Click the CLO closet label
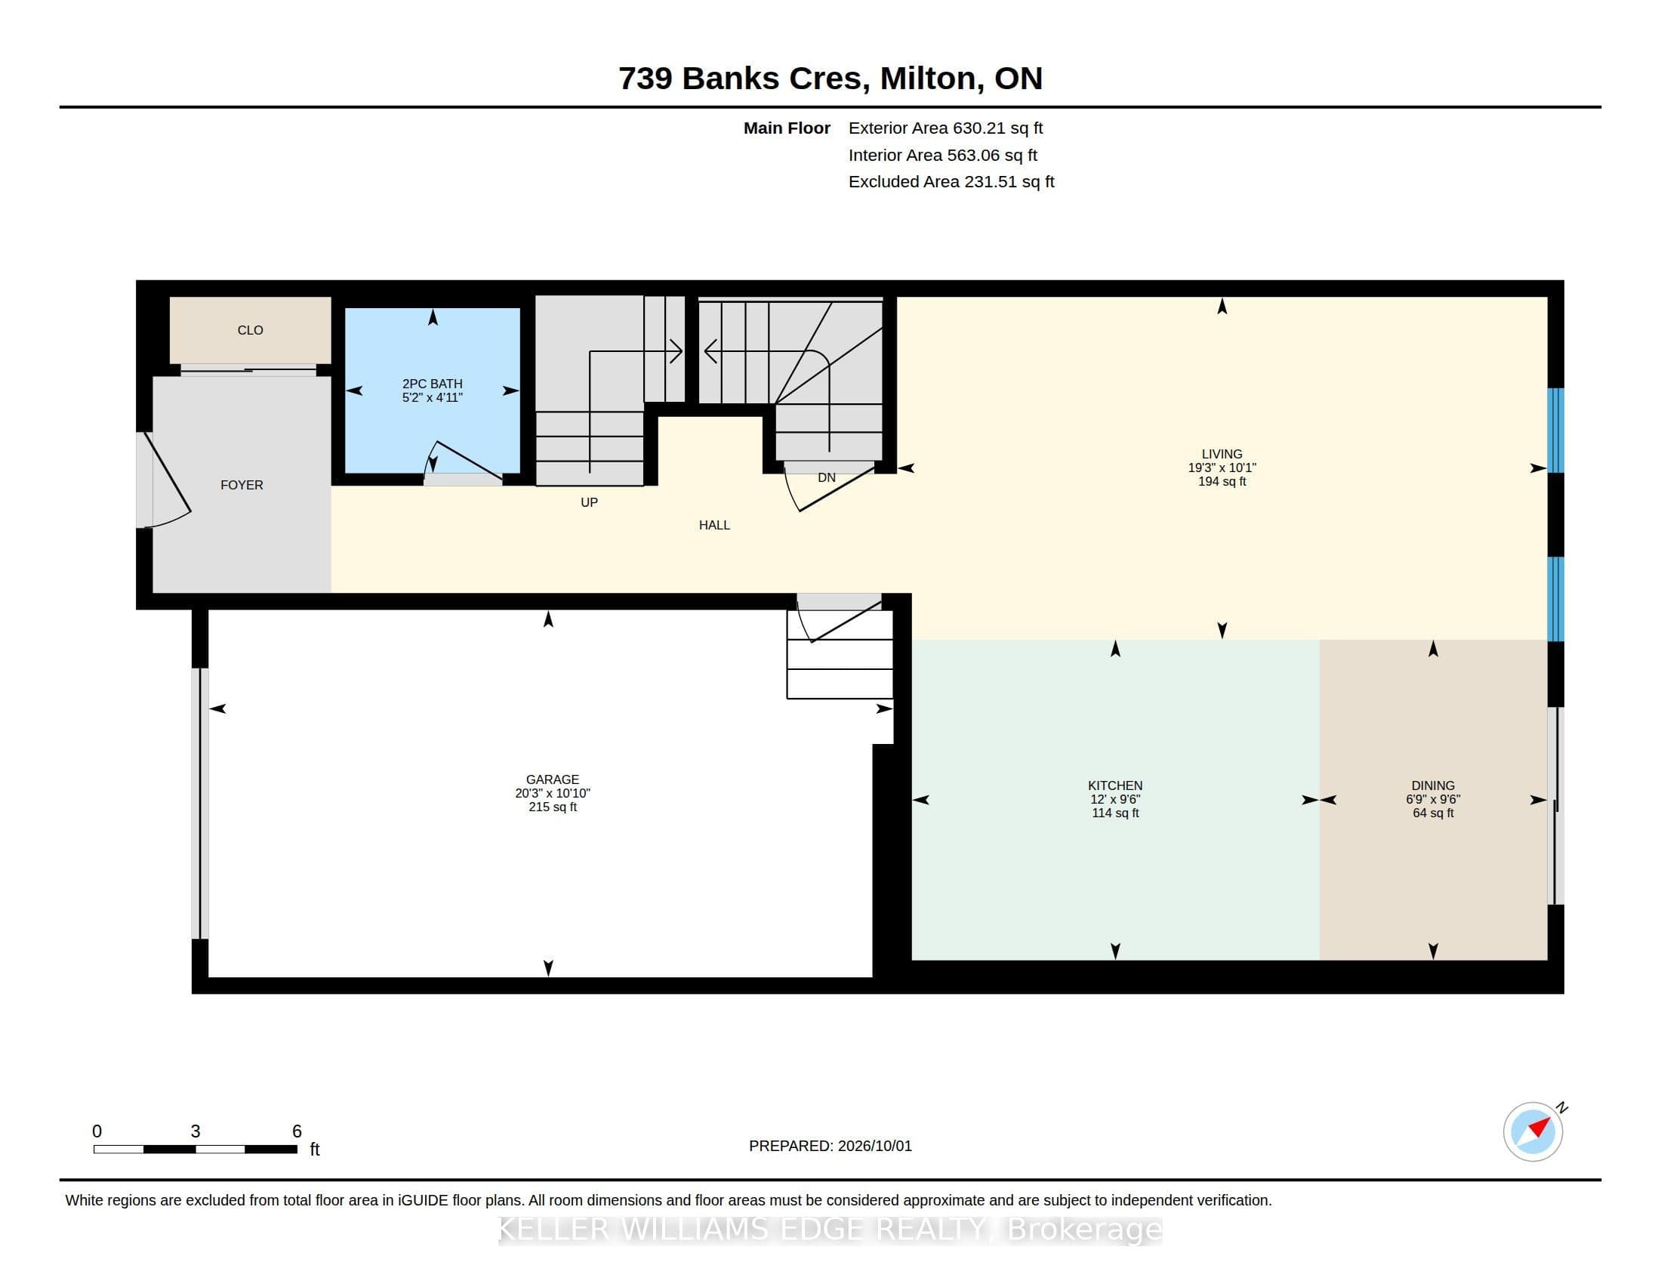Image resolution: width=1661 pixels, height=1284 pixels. click(x=250, y=330)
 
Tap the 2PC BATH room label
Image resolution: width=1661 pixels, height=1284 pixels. click(x=432, y=384)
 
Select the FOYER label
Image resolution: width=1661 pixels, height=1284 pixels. click(x=242, y=486)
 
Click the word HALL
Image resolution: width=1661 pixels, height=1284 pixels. click(x=714, y=525)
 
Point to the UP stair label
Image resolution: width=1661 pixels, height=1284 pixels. click(x=590, y=502)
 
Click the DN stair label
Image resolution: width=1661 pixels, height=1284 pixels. click(x=827, y=477)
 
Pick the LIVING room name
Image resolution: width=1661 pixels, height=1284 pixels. click(x=1222, y=454)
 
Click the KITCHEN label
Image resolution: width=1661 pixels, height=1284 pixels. click(x=1115, y=786)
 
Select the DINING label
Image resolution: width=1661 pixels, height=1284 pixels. click(x=1433, y=786)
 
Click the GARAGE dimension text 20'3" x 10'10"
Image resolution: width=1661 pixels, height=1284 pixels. click(x=553, y=793)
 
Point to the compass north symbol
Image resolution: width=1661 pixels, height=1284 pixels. click(x=1533, y=1131)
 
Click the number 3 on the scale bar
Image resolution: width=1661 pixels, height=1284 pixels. click(x=196, y=1131)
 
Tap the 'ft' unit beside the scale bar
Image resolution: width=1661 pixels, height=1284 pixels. click(x=315, y=1150)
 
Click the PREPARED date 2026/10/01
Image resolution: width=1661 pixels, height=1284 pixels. click(x=874, y=1146)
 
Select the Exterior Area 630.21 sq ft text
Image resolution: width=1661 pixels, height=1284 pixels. click(x=945, y=128)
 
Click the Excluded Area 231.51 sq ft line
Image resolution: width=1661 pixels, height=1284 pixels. click(x=951, y=182)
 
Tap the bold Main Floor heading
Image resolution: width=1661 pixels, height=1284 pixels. click(x=787, y=128)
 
